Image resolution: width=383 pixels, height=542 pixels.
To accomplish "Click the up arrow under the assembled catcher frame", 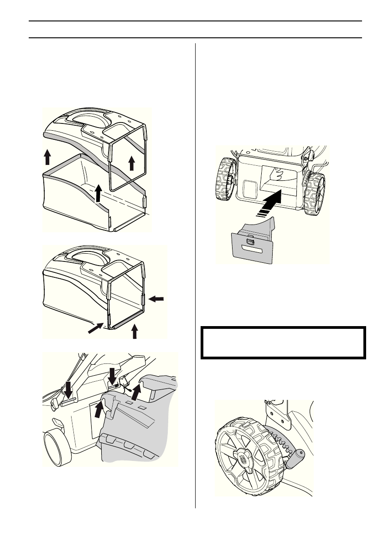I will click(x=134, y=331).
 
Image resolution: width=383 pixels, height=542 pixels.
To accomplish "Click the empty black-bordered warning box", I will click(x=283, y=342).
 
